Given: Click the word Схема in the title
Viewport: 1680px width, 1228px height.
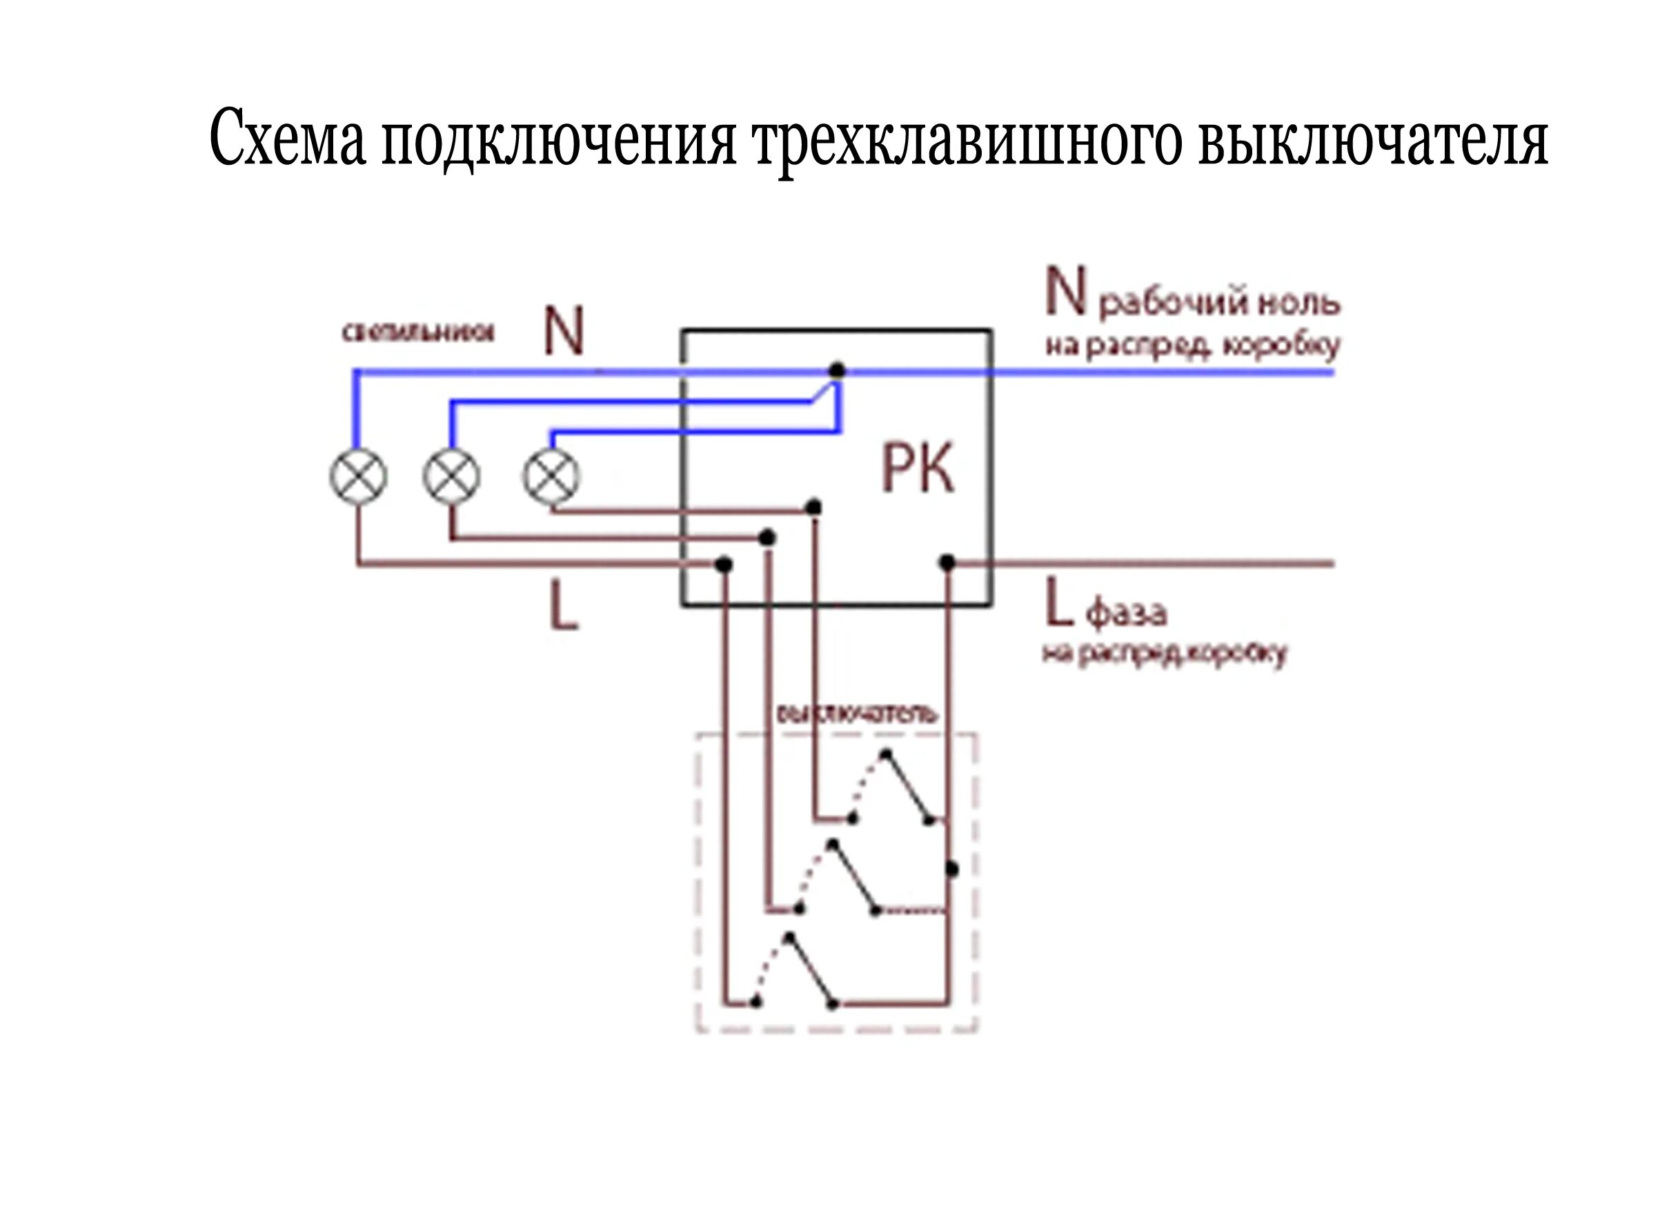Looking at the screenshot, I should (288, 139).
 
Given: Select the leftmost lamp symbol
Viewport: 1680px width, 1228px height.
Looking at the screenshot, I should (358, 477).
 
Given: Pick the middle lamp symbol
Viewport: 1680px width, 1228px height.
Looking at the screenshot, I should (452, 477).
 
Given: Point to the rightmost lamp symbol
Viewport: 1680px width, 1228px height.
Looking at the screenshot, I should (551, 477).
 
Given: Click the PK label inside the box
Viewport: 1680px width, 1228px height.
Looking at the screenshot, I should (916, 469).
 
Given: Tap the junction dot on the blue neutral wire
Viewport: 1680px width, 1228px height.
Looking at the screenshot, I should (837, 370).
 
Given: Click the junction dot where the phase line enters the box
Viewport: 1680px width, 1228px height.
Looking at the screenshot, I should (947, 563).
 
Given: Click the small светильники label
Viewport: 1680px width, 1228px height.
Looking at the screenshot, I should (417, 332).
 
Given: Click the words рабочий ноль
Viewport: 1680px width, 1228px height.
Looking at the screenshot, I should (1219, 304).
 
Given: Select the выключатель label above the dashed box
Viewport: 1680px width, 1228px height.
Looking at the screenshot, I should (856, 714).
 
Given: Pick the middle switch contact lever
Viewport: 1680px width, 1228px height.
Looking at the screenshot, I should (853, 877).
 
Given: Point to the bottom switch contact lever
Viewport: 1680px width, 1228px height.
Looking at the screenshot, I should (811, 970).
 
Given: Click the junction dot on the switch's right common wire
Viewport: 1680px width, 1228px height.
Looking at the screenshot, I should (951, 868).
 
